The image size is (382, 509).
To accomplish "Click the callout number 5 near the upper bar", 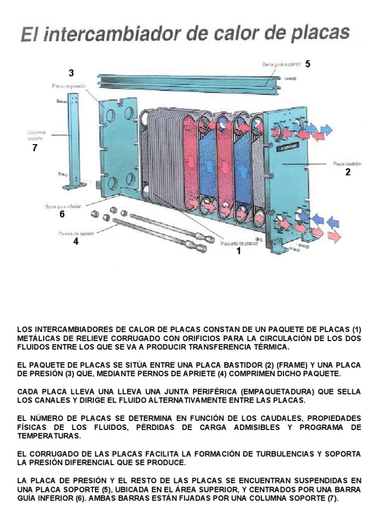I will (308, 64).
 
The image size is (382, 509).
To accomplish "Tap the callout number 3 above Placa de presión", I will (71, 73).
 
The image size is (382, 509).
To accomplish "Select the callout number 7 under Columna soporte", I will (34, 148).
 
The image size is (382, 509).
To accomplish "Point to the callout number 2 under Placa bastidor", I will (348, 172).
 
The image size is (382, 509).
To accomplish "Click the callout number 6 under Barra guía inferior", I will (62, 214).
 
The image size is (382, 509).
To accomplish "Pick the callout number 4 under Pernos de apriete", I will (76, 242).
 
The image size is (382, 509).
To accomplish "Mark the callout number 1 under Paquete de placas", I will (238, 251).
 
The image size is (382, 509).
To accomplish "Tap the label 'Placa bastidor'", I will (347, 163).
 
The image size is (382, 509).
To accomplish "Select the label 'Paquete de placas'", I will (239, 243).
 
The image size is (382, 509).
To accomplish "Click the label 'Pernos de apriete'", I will (74, 233).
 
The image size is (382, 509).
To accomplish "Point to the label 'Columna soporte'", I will (36, 135).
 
